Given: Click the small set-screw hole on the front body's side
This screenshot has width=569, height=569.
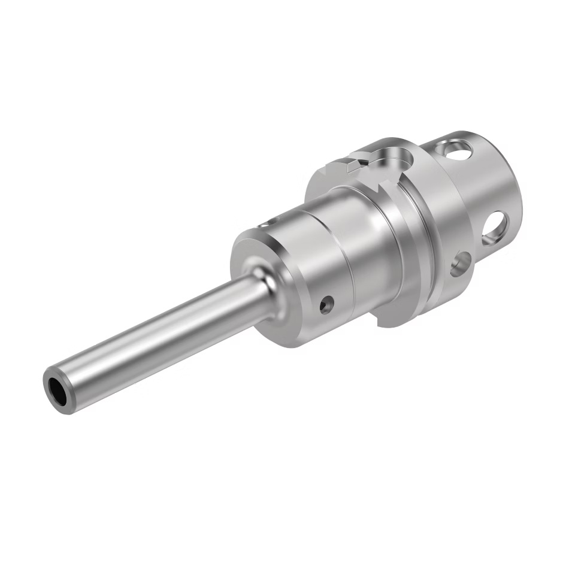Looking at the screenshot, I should click(326, 304).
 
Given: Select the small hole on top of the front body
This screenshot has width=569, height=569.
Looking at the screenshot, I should click(264, 226).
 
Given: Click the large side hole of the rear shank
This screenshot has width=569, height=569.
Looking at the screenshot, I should click(495, 227).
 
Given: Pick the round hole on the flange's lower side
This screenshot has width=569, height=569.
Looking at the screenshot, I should click(461, 263).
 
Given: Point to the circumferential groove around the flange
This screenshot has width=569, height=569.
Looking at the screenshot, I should click(419, 240).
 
